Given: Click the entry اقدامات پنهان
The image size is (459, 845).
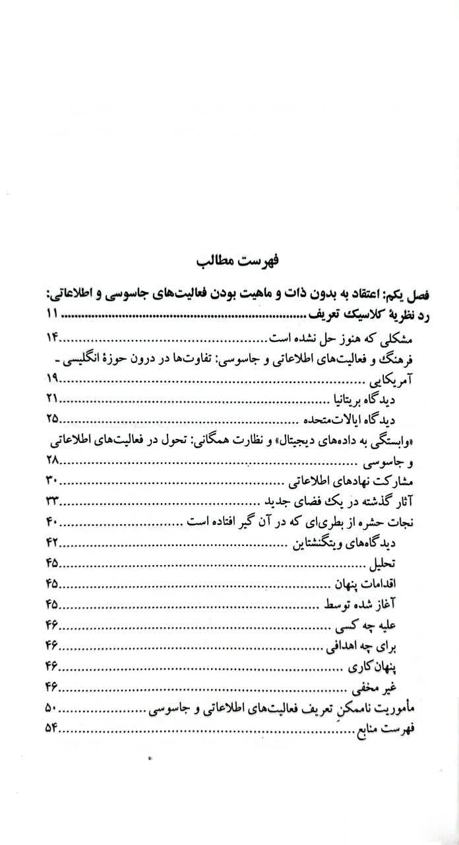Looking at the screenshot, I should pyautogui.click(x=367, y=586).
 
